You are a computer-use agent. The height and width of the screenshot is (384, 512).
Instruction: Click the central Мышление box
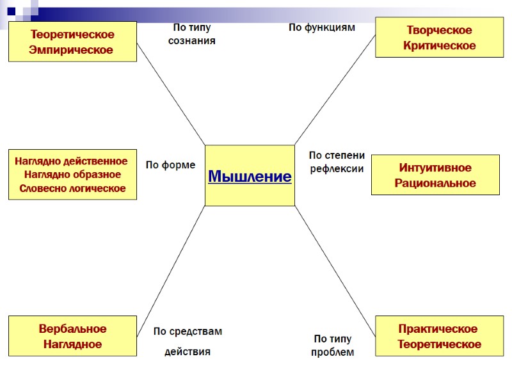(x=250, y=176)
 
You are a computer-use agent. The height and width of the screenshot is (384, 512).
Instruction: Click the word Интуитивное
(x=435, y=168)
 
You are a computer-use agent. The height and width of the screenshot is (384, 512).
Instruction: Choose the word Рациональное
(x=435, y=183)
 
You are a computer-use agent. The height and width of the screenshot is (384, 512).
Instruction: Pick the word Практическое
(x=438, y=329)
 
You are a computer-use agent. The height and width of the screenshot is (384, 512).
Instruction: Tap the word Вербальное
(x=72, y=329)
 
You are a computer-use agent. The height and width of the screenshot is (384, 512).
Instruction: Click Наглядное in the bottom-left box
(x=72, y=344)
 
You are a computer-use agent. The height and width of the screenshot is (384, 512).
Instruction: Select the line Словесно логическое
(x=72, y=188)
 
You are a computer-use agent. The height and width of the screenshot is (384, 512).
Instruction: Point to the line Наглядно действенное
(x=71, y=161)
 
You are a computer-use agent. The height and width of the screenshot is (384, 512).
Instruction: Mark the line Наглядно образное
(x=72, y=174)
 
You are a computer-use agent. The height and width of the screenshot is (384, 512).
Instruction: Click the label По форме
(x=170, y=165)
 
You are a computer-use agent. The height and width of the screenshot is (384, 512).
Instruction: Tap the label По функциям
(x=321, y=28)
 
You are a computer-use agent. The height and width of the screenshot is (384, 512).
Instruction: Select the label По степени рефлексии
(x=337, y=163)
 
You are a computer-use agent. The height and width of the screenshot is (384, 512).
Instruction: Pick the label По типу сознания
(x=191, y=34)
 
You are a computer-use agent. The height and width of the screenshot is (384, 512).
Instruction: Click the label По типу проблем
(x=332, y=346)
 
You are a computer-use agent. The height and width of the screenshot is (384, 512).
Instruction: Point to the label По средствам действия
(x=188, y=341)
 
